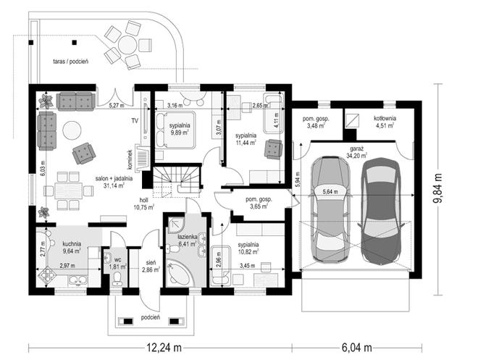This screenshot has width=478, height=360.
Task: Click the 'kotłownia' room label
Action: [385, 118]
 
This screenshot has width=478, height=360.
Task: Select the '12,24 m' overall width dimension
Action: [164, 347]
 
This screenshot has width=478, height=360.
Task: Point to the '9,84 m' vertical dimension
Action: [438, 189]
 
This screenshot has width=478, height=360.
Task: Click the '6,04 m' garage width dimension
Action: [356, 347]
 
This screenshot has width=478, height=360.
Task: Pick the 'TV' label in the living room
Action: [135, 121]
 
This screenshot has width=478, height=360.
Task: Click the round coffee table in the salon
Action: [72, 130]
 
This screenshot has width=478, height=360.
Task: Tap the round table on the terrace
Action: [127, 46]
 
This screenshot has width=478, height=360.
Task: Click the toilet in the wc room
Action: [117, 279]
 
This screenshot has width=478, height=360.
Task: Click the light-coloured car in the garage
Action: [330, 209]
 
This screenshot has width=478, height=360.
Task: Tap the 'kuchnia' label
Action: [72, 244]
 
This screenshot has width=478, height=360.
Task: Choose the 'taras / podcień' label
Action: [71, 62]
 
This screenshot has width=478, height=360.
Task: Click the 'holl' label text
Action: [143, 200]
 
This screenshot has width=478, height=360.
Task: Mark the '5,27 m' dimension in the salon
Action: [117, 106]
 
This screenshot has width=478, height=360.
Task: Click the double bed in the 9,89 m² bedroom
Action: [175, 130]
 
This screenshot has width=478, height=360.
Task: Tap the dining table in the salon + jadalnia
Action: [69, 191]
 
